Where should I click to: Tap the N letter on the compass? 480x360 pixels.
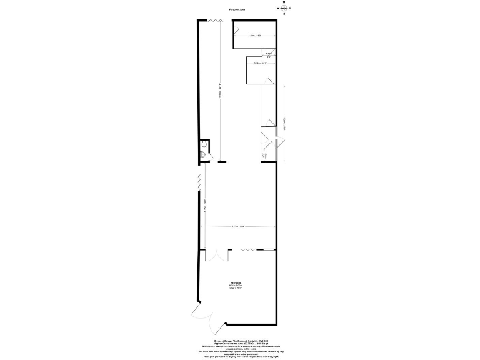coord(284,3)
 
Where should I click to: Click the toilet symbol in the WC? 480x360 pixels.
coord(203,153)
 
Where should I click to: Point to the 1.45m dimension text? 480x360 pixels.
coord(269,55)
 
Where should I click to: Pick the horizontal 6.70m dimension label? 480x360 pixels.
coord(237,226)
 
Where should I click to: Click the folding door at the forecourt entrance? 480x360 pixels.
coord(212,21)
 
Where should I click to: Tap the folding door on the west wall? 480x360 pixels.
coord(199,182)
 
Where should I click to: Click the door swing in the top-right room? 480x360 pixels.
coord(238,28)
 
